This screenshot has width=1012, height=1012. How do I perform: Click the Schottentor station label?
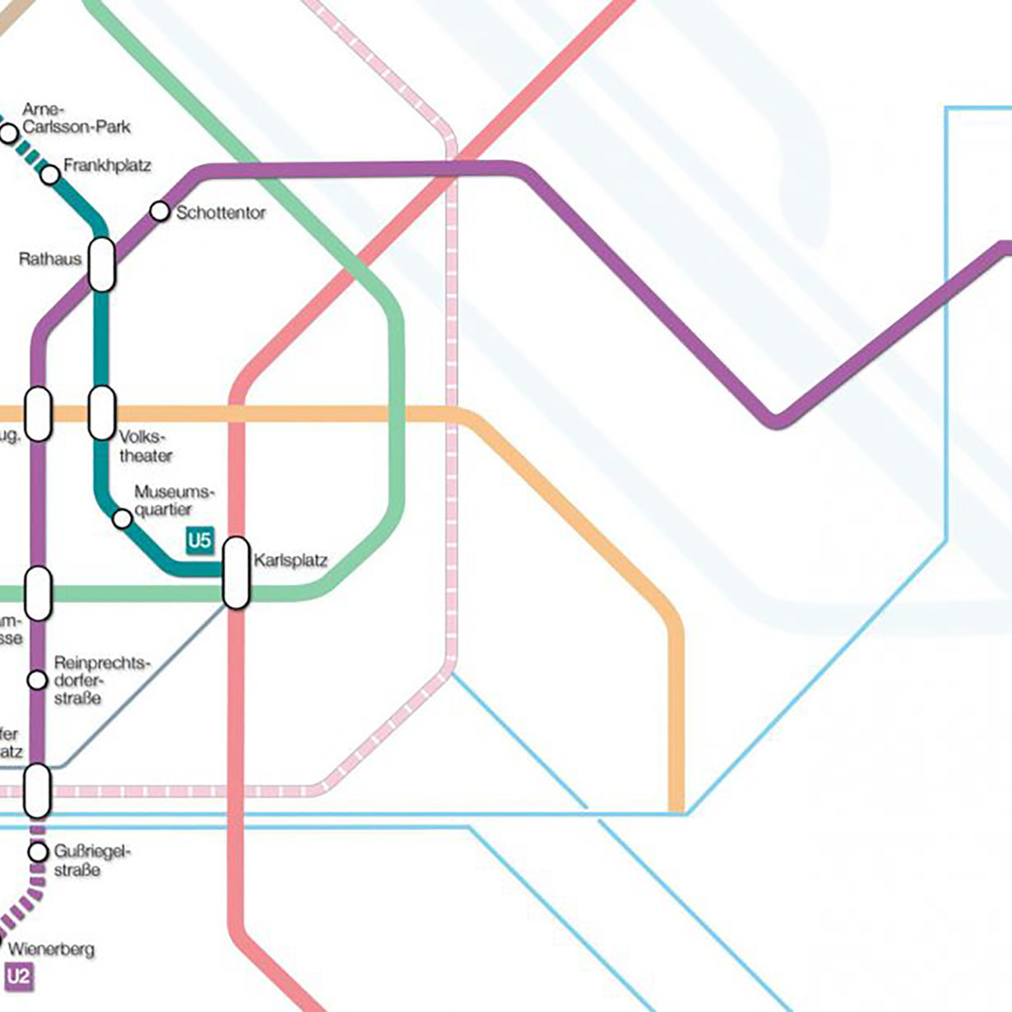221,213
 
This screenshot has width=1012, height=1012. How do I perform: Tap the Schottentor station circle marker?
160,211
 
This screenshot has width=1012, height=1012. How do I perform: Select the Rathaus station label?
50,259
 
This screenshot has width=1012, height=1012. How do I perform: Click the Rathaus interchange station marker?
101,264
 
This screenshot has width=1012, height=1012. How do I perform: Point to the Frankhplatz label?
107,165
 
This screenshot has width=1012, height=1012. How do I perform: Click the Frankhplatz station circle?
50,174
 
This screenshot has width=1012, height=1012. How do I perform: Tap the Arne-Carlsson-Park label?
76,118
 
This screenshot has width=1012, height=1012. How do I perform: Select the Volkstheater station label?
145,446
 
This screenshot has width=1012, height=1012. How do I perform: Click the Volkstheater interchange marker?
101,412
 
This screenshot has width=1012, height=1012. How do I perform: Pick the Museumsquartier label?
174,500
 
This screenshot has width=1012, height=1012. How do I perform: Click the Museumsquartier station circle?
122,518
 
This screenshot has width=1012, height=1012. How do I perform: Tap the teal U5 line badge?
200,541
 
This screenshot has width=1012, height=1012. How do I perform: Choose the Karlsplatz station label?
290,561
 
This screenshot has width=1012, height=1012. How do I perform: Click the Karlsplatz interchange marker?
236,573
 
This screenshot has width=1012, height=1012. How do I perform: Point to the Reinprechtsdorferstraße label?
101,680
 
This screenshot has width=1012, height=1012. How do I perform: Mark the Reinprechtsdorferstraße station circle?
37,680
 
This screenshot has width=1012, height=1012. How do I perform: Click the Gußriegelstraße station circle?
38,852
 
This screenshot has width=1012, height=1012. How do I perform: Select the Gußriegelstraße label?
91,861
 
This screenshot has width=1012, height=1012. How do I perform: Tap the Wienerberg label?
51,949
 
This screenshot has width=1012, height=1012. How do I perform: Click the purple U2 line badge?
19,977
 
